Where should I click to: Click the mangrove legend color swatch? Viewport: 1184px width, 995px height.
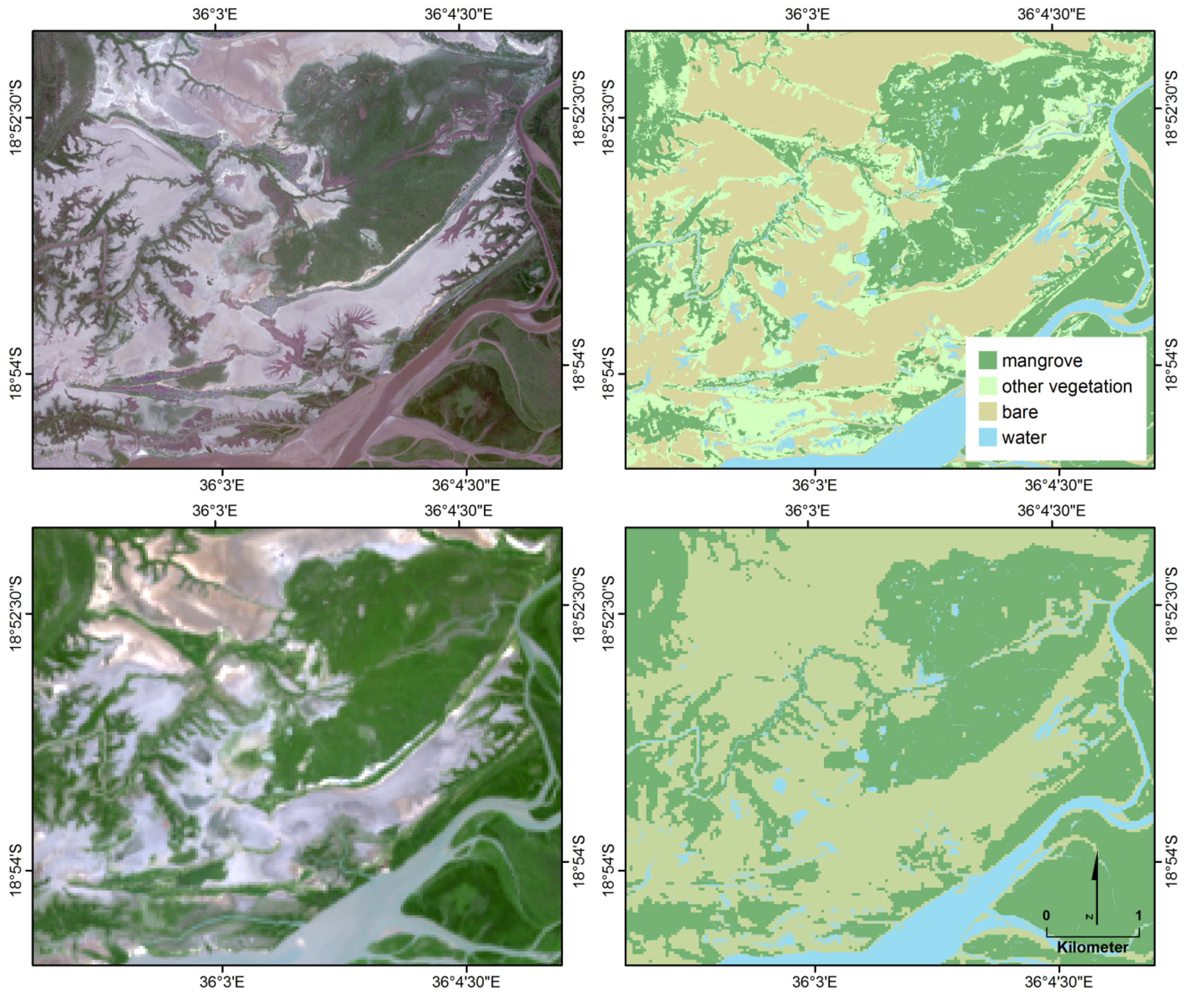(x=987, y=360)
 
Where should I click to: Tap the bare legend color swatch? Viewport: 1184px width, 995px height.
(x=987, y=412)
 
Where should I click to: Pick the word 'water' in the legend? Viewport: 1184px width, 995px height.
(x=1024, y=438)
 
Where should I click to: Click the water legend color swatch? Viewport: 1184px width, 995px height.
(x=987, y=438)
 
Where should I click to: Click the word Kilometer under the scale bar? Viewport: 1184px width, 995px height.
(x=1092, y=947)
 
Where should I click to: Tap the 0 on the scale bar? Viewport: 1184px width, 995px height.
(x=1046, y=915)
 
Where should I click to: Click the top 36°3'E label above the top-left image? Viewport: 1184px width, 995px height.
(x=215, y=14)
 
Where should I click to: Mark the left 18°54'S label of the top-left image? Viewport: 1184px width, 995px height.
(x=16, y=373)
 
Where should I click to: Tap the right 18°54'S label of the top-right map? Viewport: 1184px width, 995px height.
(x=1172, y=364)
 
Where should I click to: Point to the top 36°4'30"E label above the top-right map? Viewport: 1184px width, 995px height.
(x=1051, y=14)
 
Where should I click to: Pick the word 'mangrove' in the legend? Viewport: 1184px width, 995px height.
(x=1042, y=361)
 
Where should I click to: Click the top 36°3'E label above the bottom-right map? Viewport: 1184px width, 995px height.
(x=807, y=510)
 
